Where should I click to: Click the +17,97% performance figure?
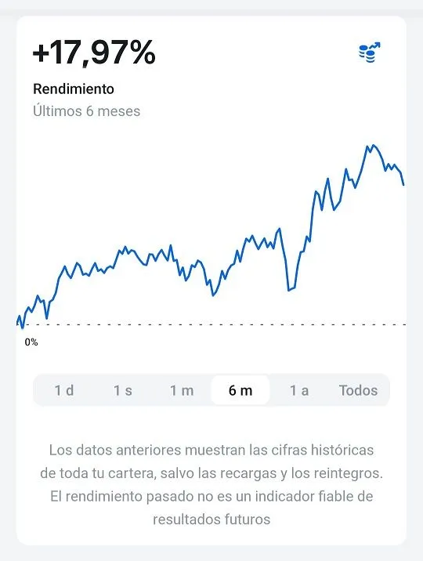pos(94,53)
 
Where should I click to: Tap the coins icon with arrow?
pos(369,52)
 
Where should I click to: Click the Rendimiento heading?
pos(74,89)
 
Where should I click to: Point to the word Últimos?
pos(57,111)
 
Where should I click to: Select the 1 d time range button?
pos(64,390)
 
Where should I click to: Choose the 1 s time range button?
pos(123,390)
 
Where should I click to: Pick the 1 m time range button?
pos(182,390)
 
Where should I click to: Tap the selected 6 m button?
pos(240,390)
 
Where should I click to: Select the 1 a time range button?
pos(299,390)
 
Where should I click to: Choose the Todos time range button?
pos(358,390)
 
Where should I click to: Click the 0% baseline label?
pos(31,342)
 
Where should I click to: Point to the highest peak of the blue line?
pos(373,146)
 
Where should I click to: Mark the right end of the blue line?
pos(403,185)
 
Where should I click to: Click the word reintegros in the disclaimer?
pos(348,474)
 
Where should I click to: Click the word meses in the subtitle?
pos(118,111)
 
